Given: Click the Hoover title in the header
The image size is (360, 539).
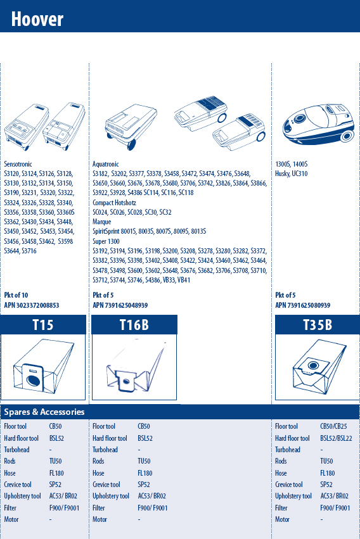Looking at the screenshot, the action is pos(37,19).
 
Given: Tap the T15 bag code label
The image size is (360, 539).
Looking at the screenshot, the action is pos(43,325).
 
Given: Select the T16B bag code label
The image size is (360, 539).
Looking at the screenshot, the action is pos(134,325).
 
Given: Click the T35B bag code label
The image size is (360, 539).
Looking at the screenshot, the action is pos(318,325).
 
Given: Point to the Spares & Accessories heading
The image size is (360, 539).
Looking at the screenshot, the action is pos(44,412).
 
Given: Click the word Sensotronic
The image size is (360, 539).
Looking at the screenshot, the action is pos(18,164).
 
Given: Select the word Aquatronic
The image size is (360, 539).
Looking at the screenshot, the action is pos(106,164).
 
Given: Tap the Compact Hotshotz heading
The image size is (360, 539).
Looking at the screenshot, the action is pos(114,203).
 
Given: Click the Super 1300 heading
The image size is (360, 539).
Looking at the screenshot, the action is pos(106,241).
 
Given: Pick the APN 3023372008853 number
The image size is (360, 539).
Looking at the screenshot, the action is pos(32,305).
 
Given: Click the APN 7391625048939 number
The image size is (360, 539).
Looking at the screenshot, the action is pos(120,305).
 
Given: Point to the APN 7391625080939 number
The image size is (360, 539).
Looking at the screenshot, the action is pos(302,305).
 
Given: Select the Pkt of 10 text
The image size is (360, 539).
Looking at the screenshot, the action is pos(16,295).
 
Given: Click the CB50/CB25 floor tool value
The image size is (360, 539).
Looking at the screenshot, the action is pos(333,426).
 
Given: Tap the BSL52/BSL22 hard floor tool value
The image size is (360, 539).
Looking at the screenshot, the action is pos(336,438).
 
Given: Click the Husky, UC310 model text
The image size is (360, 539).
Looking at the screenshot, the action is pos(291,174).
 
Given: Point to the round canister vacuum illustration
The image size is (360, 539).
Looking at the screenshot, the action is pos(318,124).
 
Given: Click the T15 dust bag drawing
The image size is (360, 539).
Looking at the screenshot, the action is pos(43,366).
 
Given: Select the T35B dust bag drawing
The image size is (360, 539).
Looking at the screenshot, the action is pos(319,367).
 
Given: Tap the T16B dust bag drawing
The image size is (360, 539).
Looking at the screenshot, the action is pos(135,366).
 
